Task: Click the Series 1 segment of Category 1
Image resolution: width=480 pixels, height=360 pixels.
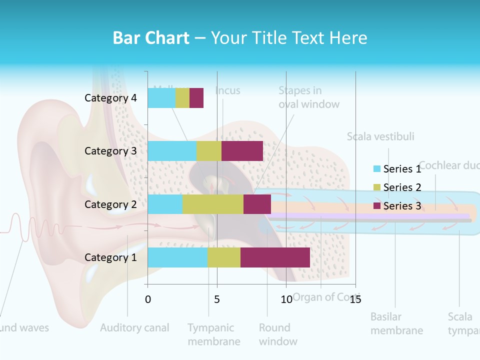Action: click(x=177, y=257)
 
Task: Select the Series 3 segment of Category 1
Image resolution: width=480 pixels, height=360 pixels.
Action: click(x=275, y=257)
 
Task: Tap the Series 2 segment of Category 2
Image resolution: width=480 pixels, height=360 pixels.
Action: click(x=213, y=204)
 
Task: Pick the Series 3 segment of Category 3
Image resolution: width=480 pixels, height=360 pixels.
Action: click(x=242, y=151)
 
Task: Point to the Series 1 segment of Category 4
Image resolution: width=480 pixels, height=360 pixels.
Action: click(x=161, y=98)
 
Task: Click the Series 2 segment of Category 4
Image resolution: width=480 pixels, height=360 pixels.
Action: click(x=182, y=98)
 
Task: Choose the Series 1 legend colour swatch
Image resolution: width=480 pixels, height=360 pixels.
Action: click(x=377, y=169)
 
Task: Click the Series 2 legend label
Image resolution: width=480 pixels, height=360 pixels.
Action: click(x=402, y=187)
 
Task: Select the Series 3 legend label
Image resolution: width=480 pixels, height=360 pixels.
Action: click(x=402, y=206)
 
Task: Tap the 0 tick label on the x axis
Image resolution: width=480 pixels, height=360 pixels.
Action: click(x=147, y=299)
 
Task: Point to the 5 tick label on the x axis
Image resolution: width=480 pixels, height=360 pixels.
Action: click(x=217, y=299)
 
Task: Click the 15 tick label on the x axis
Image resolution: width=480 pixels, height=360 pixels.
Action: click(x=355, y=299)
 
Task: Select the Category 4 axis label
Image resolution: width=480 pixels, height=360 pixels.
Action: click(x=110, y=98)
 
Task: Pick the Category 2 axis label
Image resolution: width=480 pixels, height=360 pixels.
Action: click(x=110, y=204)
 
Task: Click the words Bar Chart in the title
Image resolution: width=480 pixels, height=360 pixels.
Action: click(x=151, y=38)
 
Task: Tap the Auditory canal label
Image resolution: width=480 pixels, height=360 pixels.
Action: click(x=134, y=328)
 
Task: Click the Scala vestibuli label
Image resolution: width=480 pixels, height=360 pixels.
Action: click(x=380, y=136)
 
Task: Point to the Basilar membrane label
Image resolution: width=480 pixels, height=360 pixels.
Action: click(x=396, y=323)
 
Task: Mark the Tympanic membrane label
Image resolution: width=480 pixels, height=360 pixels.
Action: click(x=213, y=334)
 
